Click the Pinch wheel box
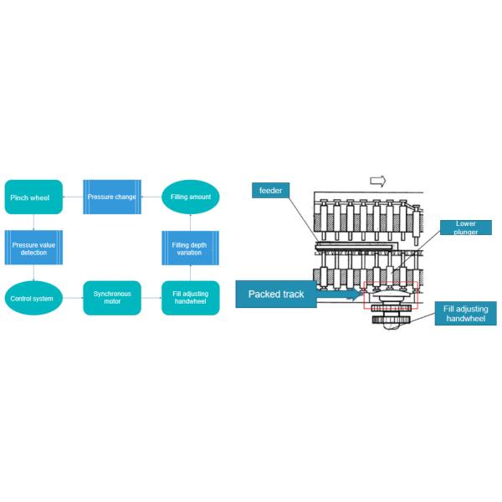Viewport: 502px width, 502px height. tap(33, 197)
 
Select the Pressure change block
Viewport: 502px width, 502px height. tap(112, 197)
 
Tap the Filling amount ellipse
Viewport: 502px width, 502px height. tap(191, 197)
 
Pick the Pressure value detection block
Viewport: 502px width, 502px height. tap(33, 248)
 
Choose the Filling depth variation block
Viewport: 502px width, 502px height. tap(191, 248)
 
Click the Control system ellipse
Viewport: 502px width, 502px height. tap(33, 298)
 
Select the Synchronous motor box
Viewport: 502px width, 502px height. tap(112, 298)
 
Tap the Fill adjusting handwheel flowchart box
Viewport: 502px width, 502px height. tap(191, 298)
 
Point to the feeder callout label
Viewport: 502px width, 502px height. tap(270, 191)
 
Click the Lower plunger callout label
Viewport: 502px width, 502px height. tap(466, 228)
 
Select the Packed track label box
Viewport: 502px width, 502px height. tap(276, 295)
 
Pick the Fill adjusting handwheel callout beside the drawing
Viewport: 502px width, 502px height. tap(466, 314)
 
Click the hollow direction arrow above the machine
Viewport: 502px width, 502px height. tap(378, 182)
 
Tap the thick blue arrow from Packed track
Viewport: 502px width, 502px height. tap(340, 294)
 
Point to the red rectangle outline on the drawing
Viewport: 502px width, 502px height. tap(364, 295)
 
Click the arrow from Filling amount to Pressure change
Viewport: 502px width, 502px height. tap(151, 197)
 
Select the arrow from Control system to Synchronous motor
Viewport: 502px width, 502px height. tap(73, 298)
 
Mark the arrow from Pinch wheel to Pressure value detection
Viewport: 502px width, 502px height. tap(33, 223)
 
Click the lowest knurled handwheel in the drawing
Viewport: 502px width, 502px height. tap(392, 320)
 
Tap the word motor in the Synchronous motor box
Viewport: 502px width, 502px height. tap(112, 301)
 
